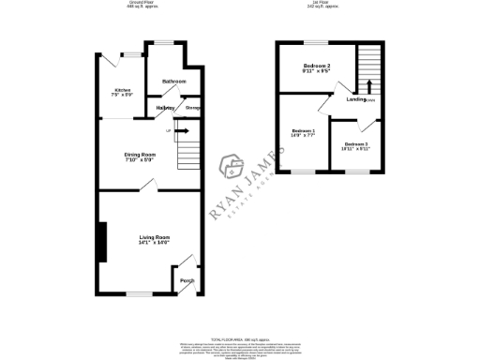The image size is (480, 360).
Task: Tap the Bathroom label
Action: pyautogui.click(x=173, y=82)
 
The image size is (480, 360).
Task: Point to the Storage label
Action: pyautogui.click(x=193, y=109)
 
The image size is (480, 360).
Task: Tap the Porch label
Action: pyautogui.click(x=187, y=280)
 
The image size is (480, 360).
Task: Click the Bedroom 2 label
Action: pyautogui.click(x=316, y=64)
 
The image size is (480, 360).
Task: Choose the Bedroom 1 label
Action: pyautogui.click(x=303, y=130)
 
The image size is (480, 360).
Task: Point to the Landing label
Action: pyautogui.click(x=356, y=98)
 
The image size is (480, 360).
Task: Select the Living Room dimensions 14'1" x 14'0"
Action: pyautogui.click(x=153, y=244)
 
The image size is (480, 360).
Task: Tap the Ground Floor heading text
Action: pyautogui.click(x=142, y=4)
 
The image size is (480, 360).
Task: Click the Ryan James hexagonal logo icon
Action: pyautogui.click(x=232, y=169)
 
